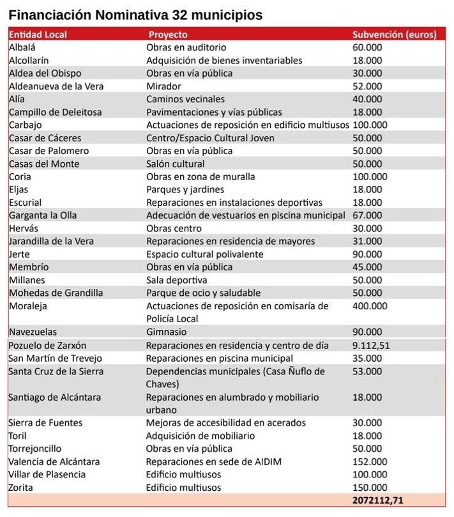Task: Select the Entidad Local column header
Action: (38, 35)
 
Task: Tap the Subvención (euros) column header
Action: (395, 35)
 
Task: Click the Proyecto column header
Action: (168, 35)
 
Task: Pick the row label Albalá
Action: (22, 47)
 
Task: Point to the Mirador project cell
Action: (164, 86)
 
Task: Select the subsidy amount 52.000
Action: (367, 86)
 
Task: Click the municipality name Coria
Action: (21, 176)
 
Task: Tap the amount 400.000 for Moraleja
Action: (370, 306)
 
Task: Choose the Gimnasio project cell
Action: (167, 332)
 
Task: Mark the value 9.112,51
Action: (371, 346)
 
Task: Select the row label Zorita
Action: (22, 488)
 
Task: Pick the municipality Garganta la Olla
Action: (43, 215)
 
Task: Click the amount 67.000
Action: (367, 215)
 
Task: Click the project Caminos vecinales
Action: (185, 99)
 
